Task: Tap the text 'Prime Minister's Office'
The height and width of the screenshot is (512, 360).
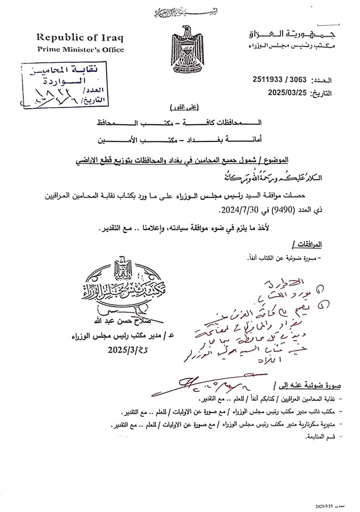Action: coord(80,50)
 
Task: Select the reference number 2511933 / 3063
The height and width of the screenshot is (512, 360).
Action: coord(281,80)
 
